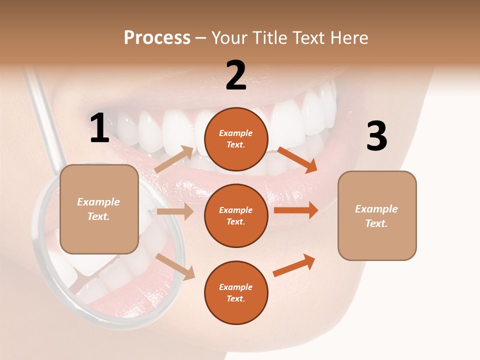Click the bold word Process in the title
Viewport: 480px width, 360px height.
coord(157,37)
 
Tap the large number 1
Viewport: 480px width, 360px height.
coord(99,128)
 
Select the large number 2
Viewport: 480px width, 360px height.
coord(236,75)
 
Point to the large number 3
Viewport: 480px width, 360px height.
coord(376,136)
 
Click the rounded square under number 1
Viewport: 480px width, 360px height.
coord(99,209)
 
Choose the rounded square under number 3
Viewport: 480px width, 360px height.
coord(377,215)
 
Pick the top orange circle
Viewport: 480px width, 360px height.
coord(236,139)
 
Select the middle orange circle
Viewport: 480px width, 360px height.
coord(236,215)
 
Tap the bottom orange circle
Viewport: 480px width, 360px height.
coord(236,292)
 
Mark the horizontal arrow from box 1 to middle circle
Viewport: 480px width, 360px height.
coord(175,211)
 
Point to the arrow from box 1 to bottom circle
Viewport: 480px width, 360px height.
coord(175,266)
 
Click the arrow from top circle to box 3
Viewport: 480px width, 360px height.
coord(297,160)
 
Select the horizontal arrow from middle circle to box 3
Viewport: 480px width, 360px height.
coord(295,210)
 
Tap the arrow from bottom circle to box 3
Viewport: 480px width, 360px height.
coord(294,265)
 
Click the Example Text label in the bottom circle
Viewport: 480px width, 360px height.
coord(236,292)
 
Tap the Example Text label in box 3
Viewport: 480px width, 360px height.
coord(376,216)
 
